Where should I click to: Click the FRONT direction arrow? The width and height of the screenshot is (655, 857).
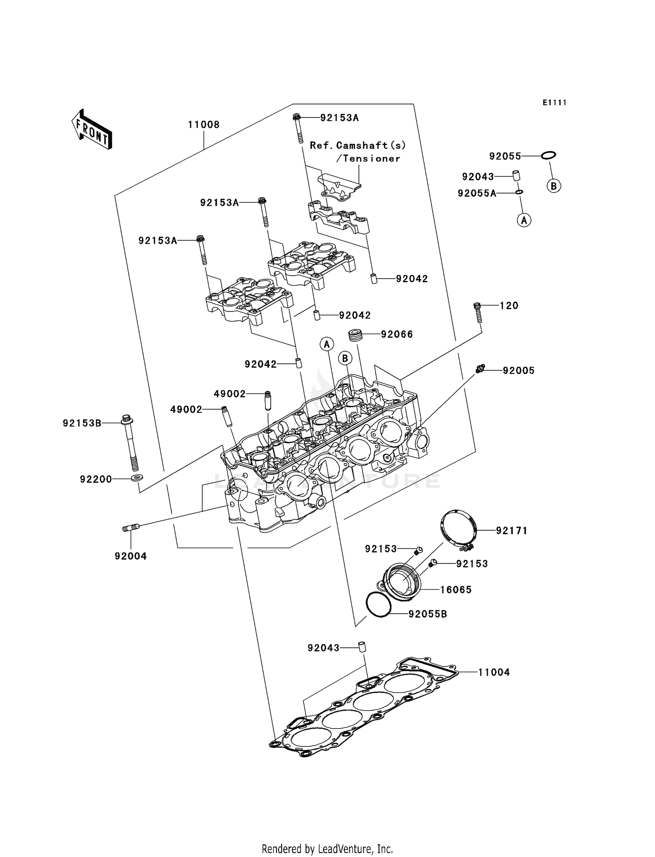coord(92,130)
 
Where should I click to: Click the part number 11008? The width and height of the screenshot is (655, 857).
coord(203,125)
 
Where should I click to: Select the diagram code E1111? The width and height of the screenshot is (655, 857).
coord(555,103)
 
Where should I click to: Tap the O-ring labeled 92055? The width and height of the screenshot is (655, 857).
coord(548,155)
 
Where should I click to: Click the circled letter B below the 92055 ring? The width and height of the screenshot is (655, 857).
coord(553,187)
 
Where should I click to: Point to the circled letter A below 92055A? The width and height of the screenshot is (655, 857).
coord(524,220)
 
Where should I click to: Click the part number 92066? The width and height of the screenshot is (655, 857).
coord(396,335)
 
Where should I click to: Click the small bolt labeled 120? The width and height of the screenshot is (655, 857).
coord(478,312)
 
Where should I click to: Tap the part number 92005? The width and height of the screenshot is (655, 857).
coord(518,371)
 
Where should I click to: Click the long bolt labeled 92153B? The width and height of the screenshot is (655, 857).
coord(129,441)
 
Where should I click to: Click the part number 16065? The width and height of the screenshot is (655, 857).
coord(455,590)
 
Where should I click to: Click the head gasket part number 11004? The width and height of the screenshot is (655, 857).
coord(493,673)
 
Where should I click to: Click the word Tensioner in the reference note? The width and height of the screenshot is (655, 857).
coord(372,159)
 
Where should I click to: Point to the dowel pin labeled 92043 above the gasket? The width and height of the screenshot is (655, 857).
coord(362,647)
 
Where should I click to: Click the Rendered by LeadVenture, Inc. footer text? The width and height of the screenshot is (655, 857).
coord(327,849)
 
